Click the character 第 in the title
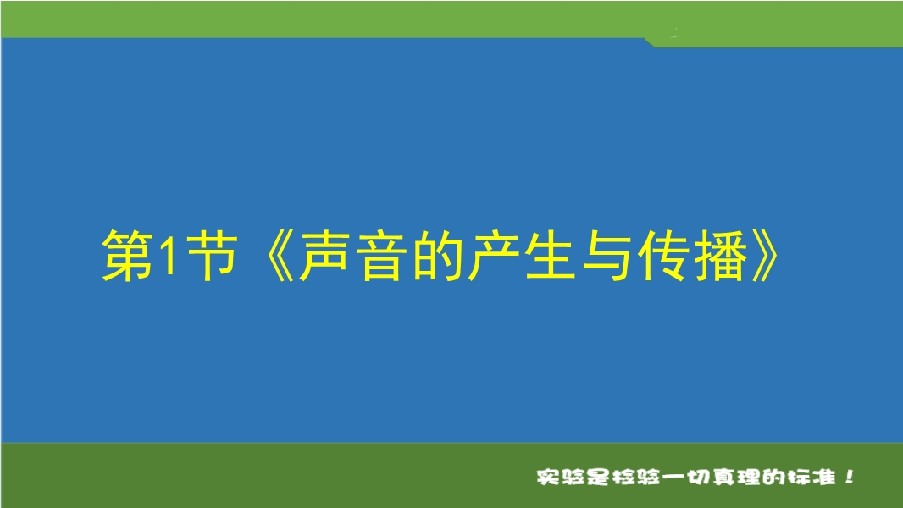pos(128,255)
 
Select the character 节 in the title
pos(212,255)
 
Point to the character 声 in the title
pos(324,255)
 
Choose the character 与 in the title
pos(607,255)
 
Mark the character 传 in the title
pos(663,255)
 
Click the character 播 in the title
pos(720,255)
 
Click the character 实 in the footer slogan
pos(549,477)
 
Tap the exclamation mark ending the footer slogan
pos(850,477)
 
